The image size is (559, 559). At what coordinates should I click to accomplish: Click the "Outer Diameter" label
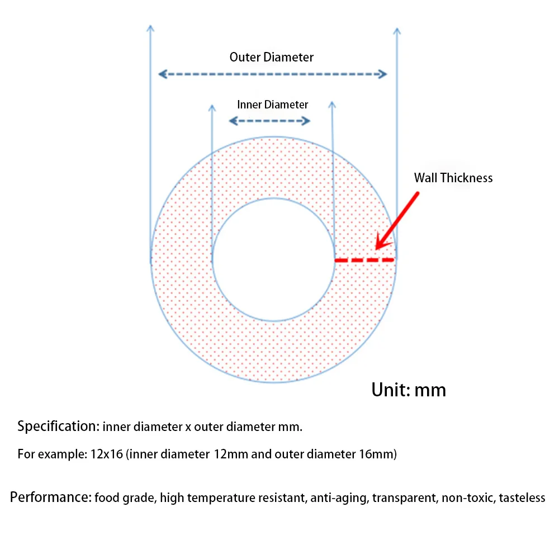coord(271,57)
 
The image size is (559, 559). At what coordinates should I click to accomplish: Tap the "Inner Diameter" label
coord(272,105)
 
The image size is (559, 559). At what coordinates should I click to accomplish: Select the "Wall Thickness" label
coord(453,178)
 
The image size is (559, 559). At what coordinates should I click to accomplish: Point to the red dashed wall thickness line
coord(364,260)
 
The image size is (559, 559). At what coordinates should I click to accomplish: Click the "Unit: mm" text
coord(409,390)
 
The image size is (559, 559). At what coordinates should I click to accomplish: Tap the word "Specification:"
coord(59,426)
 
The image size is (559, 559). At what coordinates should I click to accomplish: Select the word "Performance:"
coord(51,497)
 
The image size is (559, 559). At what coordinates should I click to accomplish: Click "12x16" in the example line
coord(107,454)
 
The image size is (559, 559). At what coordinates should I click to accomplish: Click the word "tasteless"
coord(522,498)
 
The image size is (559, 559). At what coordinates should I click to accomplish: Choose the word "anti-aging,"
coord(340,498)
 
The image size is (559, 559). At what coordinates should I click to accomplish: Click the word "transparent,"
coord(405,498)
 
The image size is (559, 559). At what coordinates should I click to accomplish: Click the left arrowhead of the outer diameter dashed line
coord(163,74)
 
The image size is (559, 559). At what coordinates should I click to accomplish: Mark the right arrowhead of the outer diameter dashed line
coord(382,74)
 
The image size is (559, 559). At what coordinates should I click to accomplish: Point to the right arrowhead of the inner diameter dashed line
coord(306,121)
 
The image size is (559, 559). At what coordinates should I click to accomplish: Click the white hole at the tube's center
coord(273,260)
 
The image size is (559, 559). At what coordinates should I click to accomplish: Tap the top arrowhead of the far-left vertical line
coord(150,28)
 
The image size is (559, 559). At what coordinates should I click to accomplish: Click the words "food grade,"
coord(125,498)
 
